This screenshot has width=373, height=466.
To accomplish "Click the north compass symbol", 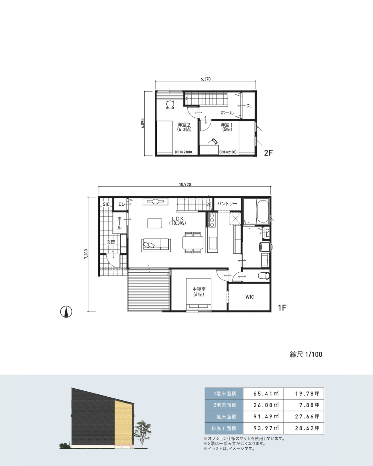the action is pyautogui.click(x=66, y=312).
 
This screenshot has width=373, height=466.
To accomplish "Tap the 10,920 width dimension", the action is pyautogui.click(x=185, y=184).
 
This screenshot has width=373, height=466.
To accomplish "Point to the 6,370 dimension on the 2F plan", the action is pyautogui.click(x=206, y=79).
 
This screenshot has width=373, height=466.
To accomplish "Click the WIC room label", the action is pyautogui.click(x=250, y=297).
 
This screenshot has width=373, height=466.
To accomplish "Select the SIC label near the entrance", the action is pyautogui.click(x=106, y=204).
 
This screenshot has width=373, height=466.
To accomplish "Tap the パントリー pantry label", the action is pyautogui.click(x=227, y=204).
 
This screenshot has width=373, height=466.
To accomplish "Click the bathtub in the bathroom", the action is pyautogui.click(x=263, y=211).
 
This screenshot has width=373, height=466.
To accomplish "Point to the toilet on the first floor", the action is pyautogui.click(x=264, y=276).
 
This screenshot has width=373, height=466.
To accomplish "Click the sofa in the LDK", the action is pyautogui.click(x=156, y=245).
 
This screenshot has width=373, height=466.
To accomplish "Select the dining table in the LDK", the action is pyautogui.click(x=193, y=243).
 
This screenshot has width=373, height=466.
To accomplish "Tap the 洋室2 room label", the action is pyautogui.click(x=184, y=125).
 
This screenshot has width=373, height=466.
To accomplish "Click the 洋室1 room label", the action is pyautogui.click(x=227, y=125).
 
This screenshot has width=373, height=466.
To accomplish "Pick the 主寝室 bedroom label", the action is pyautogui.click(x=199, y=289).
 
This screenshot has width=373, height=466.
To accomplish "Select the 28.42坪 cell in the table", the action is pyautogui.click(x=307, y=428).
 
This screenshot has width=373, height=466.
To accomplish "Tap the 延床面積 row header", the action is pyautogui.click(x=226, y=416).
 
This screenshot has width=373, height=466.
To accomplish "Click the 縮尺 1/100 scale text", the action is pyautogui.click(x=306, y=355).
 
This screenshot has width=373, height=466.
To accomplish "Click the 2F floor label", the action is pyautogui.click(x=268, y=153).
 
